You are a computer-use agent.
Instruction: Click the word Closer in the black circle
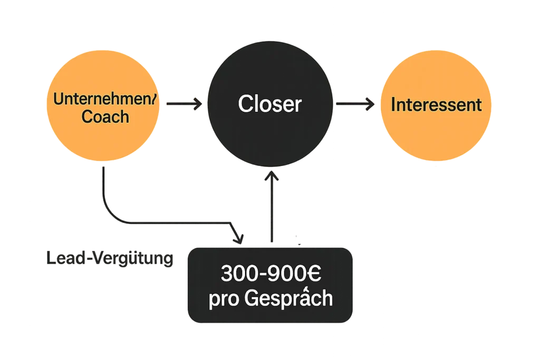click(269, 104)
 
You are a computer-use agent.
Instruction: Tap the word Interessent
click(436, 104)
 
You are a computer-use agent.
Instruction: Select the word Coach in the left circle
click(105, 116)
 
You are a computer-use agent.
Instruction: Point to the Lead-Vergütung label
click(108, 259)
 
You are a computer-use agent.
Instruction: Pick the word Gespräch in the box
click(289, 299)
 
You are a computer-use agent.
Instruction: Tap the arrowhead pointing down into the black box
click(238, 239)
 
